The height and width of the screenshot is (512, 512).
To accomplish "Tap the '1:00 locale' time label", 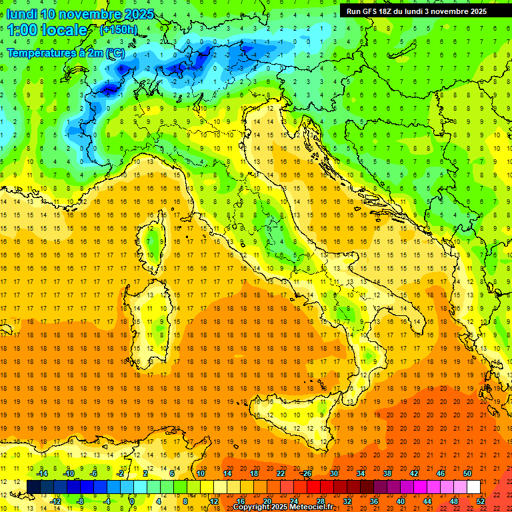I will click(47, 30).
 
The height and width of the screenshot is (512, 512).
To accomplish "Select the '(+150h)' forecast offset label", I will click(118, 30).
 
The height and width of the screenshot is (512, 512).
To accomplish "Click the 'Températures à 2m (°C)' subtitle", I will click(65, 53).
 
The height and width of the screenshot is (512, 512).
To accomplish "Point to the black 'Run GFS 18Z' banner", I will click(416, 11).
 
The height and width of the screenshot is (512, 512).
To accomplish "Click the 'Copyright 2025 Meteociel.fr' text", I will click(287, 507).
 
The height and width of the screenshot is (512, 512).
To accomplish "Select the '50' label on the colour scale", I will click(467, 473).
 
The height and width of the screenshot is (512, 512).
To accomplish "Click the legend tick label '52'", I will click(481, 501).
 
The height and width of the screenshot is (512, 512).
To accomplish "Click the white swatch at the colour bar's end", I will click(473, 487).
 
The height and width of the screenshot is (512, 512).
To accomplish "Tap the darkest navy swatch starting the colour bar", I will click(33, 487).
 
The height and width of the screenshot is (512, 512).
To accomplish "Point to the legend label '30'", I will click(334, 473).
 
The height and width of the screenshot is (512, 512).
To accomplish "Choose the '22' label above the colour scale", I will click(281, 473).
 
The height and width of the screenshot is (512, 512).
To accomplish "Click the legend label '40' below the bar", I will click(401, 501).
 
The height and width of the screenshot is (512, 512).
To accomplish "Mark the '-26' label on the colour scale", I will click(307, 473).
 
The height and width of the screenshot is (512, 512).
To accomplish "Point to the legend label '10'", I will click(201, 473).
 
